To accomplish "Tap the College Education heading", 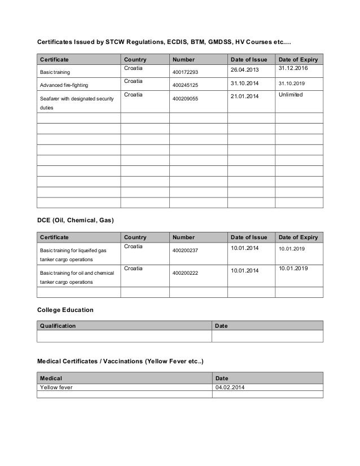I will (x=65, y=310).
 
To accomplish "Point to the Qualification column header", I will (x=57, y=326).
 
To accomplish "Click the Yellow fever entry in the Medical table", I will (x=56, y=388).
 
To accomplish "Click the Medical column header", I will (x=51, y=377).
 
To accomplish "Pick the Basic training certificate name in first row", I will (x=55, y=73).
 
